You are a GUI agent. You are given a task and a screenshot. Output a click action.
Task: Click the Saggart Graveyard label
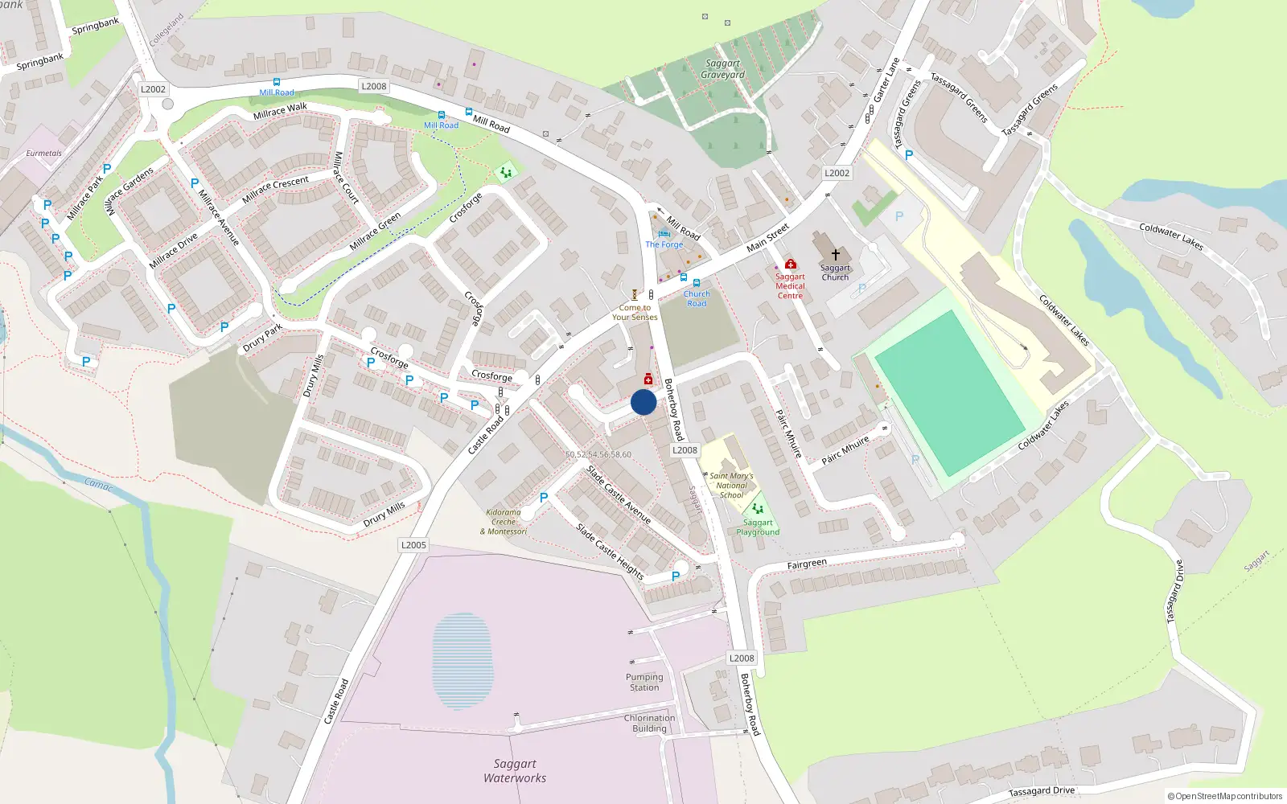point(722,69)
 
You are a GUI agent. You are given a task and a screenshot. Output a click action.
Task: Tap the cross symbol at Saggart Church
point(835,254)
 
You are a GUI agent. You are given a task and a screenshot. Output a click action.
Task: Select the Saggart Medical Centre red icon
point(790,264)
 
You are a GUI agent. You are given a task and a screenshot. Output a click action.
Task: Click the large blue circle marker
point(643,402)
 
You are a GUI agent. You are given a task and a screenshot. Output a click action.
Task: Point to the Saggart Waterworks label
point(515,771)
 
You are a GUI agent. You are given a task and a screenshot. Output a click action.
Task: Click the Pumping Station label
point(644,682)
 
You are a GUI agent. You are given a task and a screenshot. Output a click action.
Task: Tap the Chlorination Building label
point(649,723)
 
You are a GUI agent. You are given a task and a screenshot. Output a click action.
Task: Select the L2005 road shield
point(413,545)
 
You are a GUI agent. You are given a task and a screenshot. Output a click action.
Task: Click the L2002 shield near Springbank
point(153,89)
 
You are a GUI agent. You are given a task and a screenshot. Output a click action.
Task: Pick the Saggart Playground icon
point(757,509)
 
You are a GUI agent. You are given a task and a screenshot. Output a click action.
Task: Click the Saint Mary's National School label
point(731,486)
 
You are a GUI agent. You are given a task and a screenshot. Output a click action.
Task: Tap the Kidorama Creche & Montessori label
point(504,521)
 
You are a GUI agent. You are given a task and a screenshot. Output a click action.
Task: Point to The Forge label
point(664,244)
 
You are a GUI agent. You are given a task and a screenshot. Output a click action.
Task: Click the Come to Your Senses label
point(635,312)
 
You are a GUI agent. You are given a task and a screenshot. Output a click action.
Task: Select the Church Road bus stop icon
point(697,283)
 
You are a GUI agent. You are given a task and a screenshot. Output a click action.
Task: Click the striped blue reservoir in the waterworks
point(461,660)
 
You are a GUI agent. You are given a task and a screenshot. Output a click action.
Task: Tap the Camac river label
point(99,484)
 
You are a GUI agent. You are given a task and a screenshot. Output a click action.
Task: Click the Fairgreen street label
point(807,564)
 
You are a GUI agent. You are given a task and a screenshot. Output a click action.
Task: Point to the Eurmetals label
point(43,153)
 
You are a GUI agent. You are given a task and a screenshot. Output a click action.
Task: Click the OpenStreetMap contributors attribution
point(1225,796)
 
